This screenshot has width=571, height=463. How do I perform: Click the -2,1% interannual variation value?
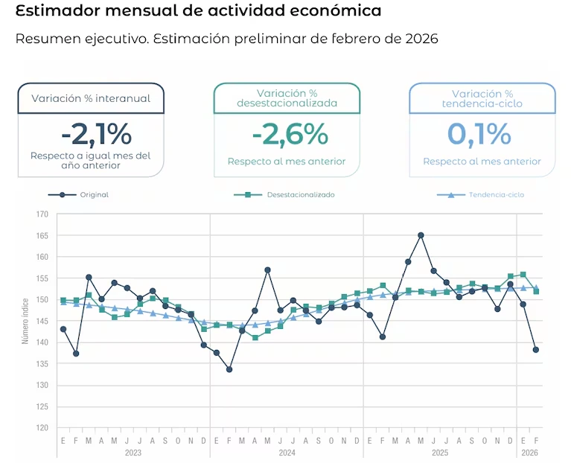coord(96,134)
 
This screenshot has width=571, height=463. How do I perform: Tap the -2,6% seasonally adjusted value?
coord(290,134)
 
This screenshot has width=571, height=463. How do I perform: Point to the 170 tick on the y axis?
coord(42,214)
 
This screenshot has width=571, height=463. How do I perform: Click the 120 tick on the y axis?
coord(42,429)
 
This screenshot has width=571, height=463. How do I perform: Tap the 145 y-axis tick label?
coord(42,322)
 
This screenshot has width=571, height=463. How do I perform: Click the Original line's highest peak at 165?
coord(421,235)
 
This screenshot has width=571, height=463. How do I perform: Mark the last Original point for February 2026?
coord(536,350)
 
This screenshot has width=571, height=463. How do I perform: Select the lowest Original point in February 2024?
coord(229,369)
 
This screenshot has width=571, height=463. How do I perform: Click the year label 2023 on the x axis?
coord(133,453)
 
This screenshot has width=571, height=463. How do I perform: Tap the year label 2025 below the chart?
coord(440,453)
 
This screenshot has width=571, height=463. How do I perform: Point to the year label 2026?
coord(529,453)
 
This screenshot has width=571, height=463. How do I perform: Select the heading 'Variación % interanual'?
coord(91,98)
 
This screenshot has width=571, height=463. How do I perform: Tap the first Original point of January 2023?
coord(63,329)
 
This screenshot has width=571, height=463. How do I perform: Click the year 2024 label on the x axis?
coord(287,453)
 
